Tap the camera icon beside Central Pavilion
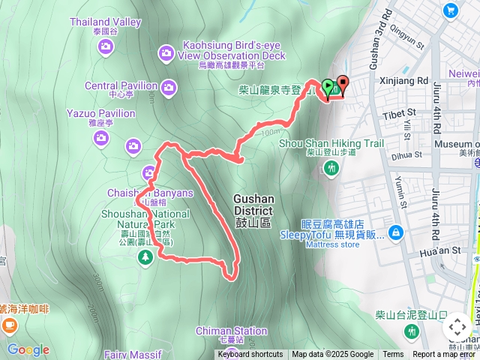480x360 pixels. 169,87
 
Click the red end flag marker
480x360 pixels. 343,84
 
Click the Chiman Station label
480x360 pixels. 231,331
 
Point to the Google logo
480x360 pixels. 28,349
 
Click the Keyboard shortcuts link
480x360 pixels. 250,355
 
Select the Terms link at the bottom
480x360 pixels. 393,355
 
